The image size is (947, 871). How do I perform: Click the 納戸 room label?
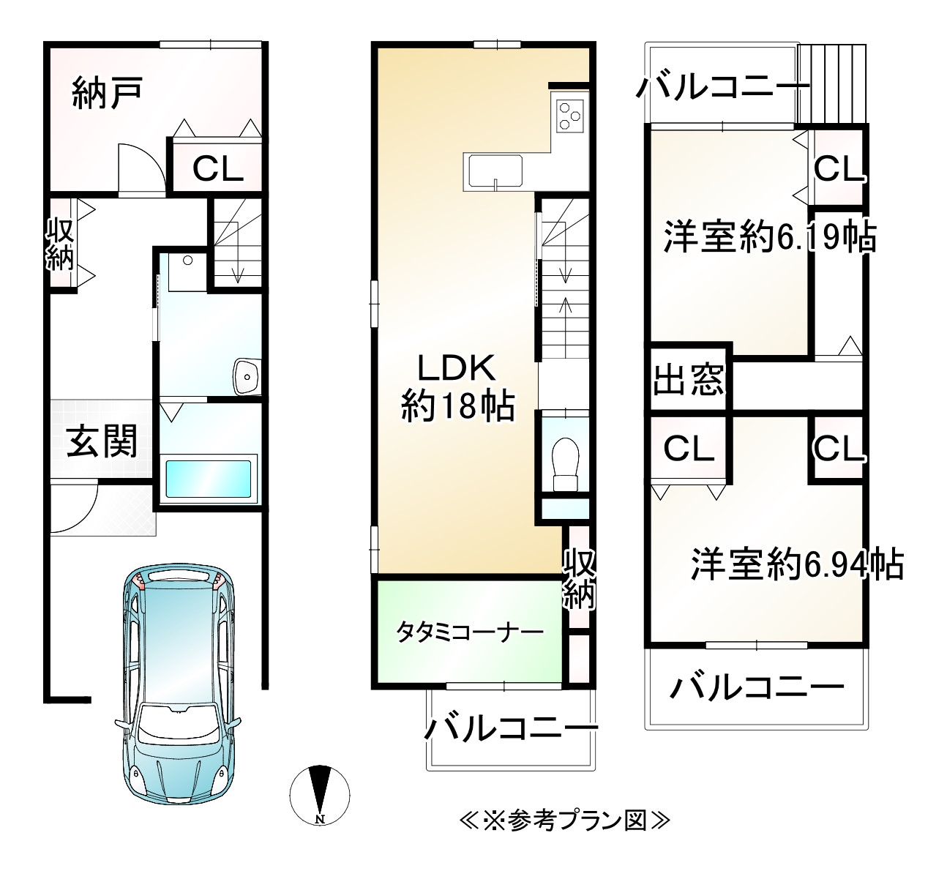(x=107, y=94)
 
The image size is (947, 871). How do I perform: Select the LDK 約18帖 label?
(x=458, y=386)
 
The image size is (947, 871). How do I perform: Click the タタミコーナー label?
(x=470, y=631)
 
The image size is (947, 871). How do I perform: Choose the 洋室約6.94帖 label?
(x=797, y=564)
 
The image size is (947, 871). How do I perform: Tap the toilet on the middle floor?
(x=564, y=463)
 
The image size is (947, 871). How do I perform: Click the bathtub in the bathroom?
(x=210, y=479)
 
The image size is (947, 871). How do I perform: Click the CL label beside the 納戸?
(x=217, y=170)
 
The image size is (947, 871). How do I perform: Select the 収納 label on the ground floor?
(x=60, y=245)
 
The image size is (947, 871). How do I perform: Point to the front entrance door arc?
(x=75, y=509)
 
